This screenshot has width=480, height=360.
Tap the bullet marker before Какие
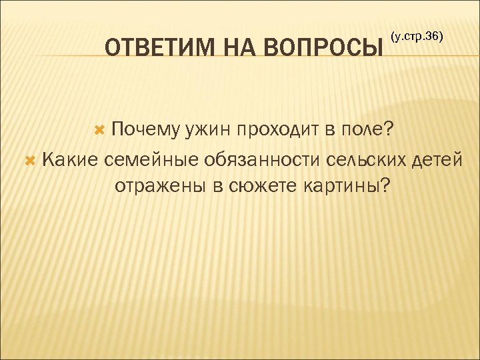[x=29, y=158]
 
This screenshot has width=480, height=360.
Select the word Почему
[x=144, y=130]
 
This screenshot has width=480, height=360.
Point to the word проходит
[x=277, y=130]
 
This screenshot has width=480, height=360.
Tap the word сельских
[x=365, y=158]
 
